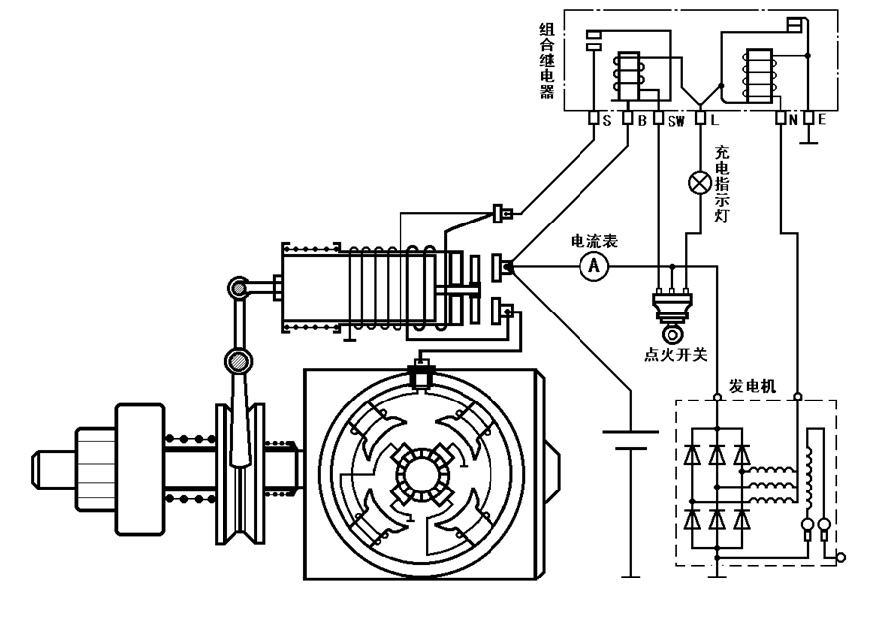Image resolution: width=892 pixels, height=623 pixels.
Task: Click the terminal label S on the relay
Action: click(x=606, y=121)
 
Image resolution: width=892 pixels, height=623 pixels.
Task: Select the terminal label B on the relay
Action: click(x=642, y=121)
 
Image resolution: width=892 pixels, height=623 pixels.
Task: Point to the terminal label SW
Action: click(x=676, y=121)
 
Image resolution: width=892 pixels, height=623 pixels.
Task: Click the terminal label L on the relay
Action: click(x=714, y=121)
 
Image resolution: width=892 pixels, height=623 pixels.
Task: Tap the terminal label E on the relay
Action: click(x=822, y=121)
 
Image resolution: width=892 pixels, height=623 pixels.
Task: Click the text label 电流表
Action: click(x=593, y=241)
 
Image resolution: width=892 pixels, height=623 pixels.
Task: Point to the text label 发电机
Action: click(x=751, y=384)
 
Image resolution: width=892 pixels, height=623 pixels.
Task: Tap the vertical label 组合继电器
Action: click(x=547, y=61)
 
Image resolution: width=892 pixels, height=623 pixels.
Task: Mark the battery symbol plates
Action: click(x=630, y=439)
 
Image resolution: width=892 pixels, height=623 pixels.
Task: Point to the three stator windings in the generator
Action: click(x=772, y=481)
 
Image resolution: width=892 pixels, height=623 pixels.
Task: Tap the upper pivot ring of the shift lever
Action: click(x=236, y=289)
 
